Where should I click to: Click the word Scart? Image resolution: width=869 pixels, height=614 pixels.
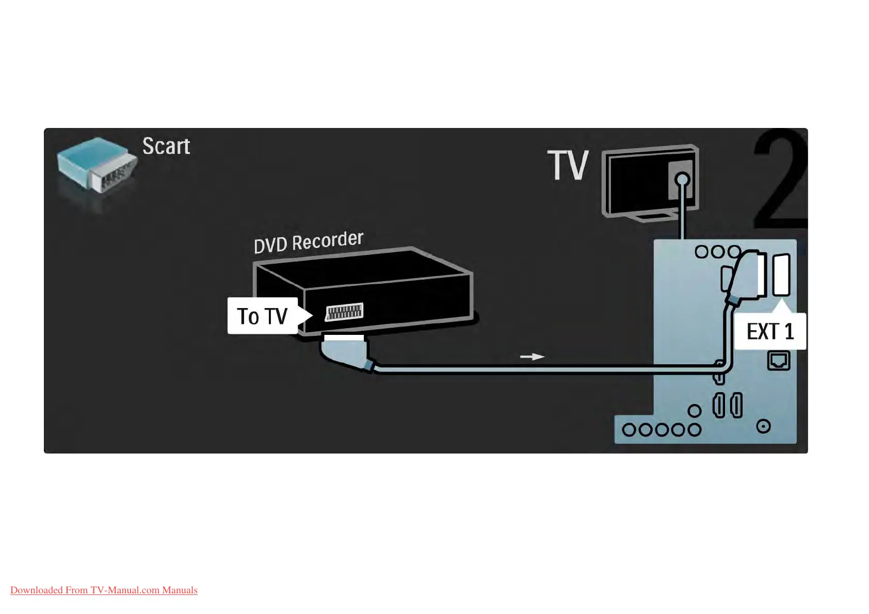pos(166,147)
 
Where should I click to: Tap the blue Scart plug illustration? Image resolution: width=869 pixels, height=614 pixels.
pos(96,165)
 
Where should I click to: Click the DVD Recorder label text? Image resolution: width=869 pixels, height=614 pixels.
pos(309,242)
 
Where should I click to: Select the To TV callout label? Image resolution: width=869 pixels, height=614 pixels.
pos(263,316)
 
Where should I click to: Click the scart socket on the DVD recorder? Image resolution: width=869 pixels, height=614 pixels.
pos(344,312)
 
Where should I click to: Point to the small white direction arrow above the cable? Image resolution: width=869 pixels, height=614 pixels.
pos(532,357)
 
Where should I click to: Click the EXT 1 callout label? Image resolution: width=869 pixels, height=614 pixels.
pos(770,331)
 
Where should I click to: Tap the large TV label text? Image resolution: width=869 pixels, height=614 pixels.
pos(568,166)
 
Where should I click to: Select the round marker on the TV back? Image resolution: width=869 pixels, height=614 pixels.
pos(682,180)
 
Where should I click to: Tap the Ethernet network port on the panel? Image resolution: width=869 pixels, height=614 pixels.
pos(779,360)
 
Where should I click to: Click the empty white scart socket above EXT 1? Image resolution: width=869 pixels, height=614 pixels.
pos(781,275)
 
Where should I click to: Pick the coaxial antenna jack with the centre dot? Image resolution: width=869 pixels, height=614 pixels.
pos(763,426)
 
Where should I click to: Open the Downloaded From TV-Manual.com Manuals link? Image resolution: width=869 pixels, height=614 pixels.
pos(104,590)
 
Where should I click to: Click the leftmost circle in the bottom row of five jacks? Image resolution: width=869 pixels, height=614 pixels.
pos(629,430)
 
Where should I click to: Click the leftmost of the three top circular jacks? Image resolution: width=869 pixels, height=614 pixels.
pos(701,252)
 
